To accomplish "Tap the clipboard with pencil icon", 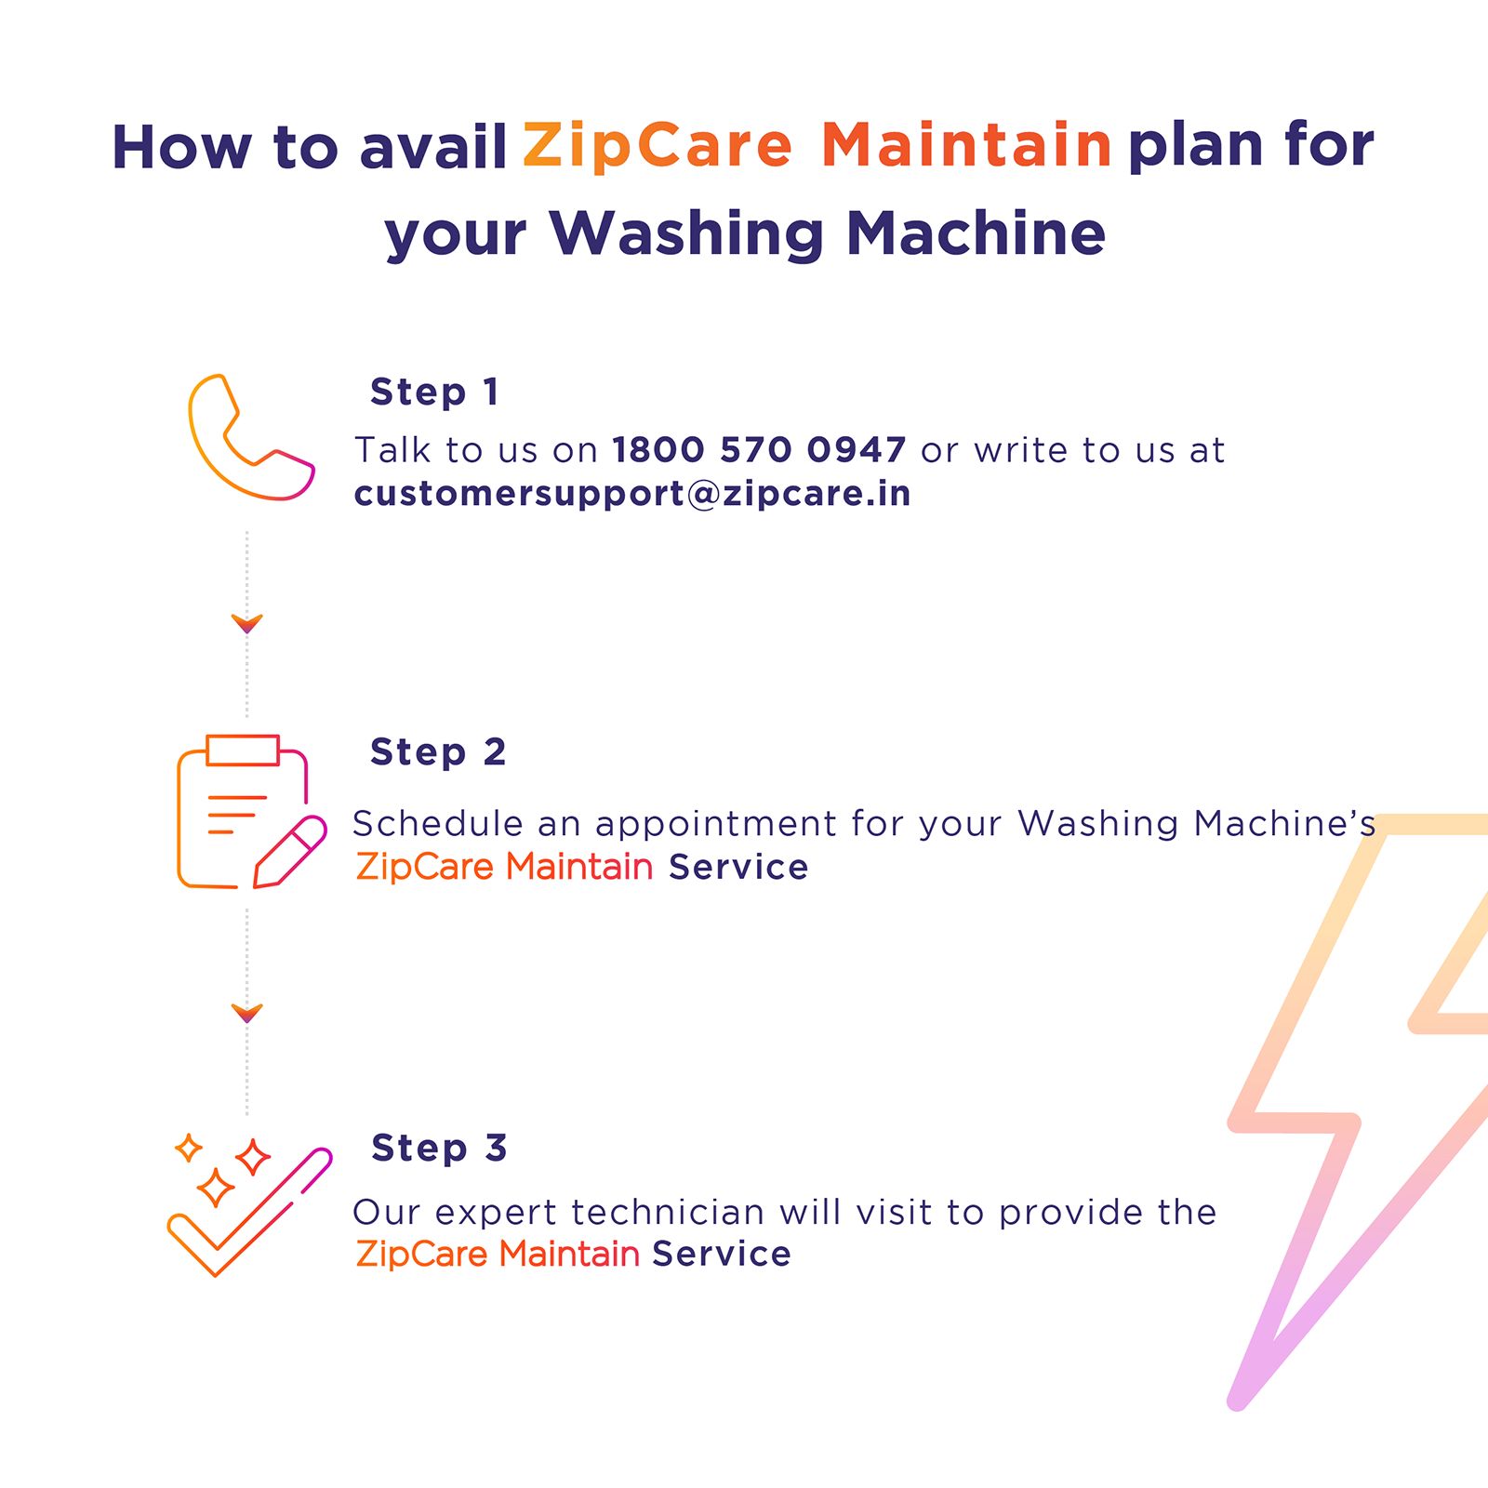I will (249, 812).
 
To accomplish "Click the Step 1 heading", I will (434, 392).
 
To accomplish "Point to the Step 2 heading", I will (438, 751).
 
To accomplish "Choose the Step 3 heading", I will (439, 1148).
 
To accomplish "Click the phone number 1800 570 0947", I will (758, 450).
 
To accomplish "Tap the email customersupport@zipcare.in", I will (632, 493).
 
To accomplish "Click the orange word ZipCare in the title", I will (657, 146).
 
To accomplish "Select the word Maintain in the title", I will (966, 146).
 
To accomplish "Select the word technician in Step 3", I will (667, 1213).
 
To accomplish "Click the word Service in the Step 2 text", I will (738, 867).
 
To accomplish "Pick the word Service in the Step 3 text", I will (722, 1254).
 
